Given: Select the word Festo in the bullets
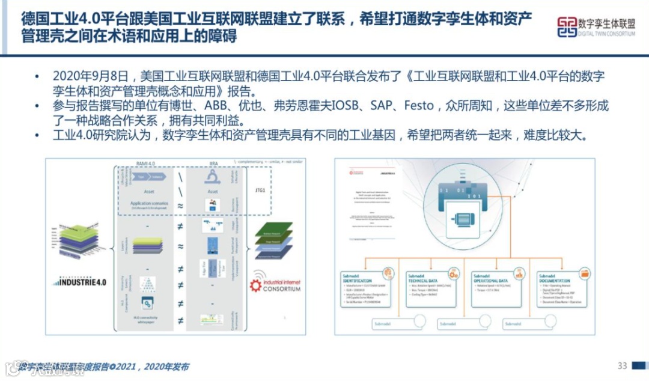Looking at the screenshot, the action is coord(419,106).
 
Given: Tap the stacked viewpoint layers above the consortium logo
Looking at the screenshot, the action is coord(274,240).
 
